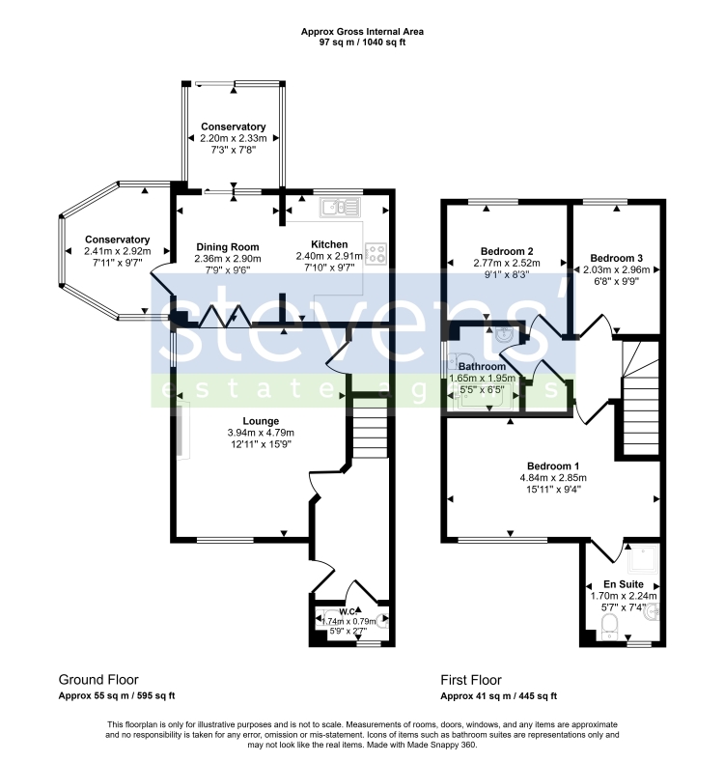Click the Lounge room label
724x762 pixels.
261,421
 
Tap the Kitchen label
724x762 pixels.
329,244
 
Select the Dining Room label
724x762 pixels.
228,247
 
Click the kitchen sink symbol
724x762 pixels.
340,208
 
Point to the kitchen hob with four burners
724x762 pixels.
376,254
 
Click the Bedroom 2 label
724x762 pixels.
507,251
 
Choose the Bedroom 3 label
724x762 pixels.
616,258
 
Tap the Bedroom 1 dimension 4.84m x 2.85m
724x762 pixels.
553,478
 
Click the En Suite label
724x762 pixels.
624,584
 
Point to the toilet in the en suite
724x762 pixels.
609,627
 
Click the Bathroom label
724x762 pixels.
482,366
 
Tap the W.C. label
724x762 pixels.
348,611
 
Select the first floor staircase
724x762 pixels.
640,399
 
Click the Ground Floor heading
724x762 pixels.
98,679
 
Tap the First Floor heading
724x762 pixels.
471,680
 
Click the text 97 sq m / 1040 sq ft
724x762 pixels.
362,42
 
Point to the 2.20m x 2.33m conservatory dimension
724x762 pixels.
234,138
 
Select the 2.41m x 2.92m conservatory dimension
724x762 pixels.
117,251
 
